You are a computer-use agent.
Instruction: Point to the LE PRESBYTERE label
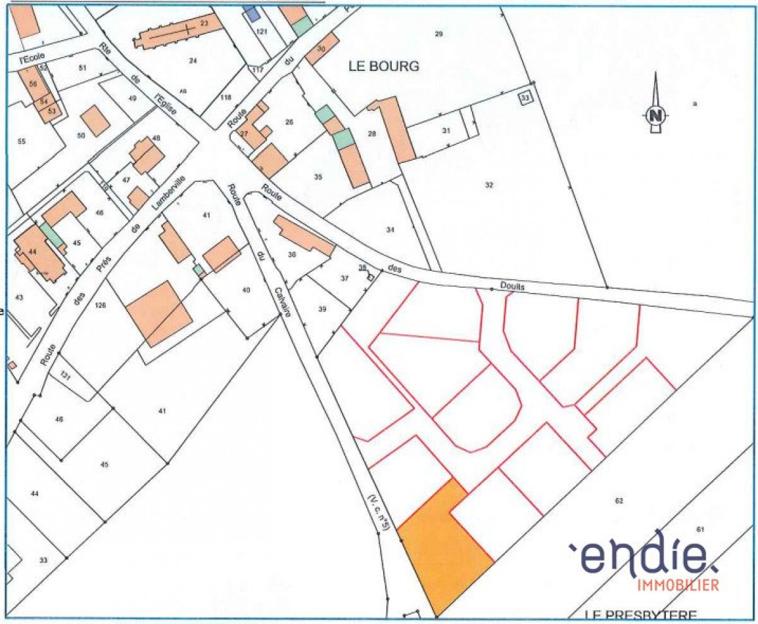click(640, 615)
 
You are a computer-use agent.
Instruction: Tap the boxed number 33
click(525, 98)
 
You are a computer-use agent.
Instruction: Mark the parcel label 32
click(489, 185)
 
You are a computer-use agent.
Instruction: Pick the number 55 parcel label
click(21, 141)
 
